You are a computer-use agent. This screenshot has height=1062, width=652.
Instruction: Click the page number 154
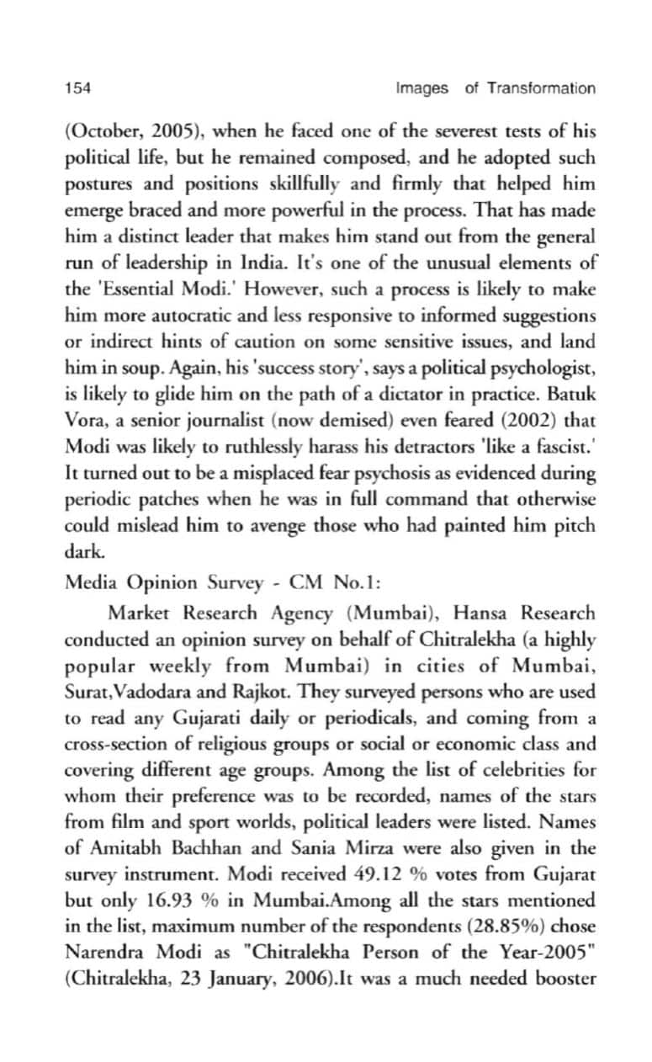(x=77, y=88)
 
